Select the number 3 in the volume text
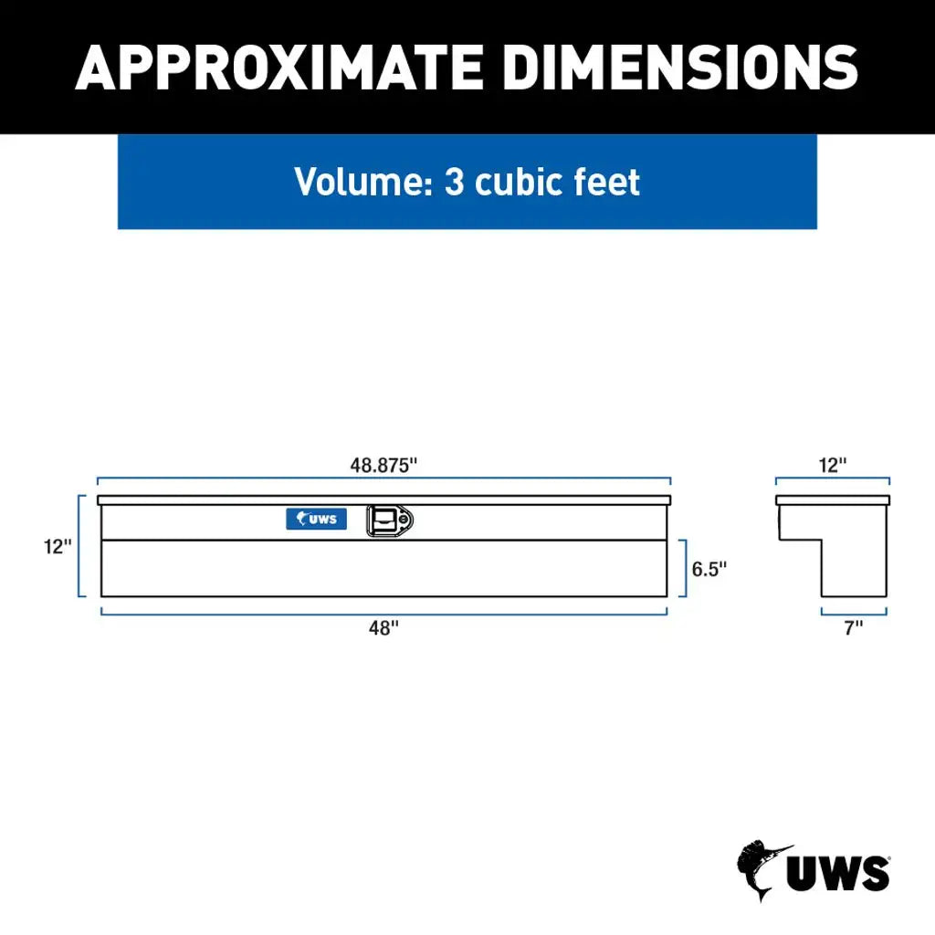click(454, 182)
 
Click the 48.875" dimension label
click(383, 464)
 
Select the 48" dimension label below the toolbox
click(383, 628)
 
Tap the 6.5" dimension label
click(709, 569)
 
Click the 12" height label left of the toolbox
click(57, 546)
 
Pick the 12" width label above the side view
click(832, 464)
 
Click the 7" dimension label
click(854, 628)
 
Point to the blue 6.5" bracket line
click(685, 568)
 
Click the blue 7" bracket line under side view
click(854, 613)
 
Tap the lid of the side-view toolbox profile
click(832, 499)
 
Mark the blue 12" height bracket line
click(80, 546)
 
